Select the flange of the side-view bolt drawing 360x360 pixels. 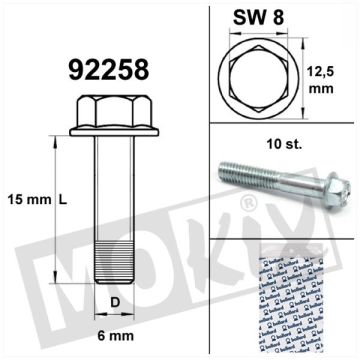coord(107,127)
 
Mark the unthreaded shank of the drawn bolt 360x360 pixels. coord(109,180)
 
